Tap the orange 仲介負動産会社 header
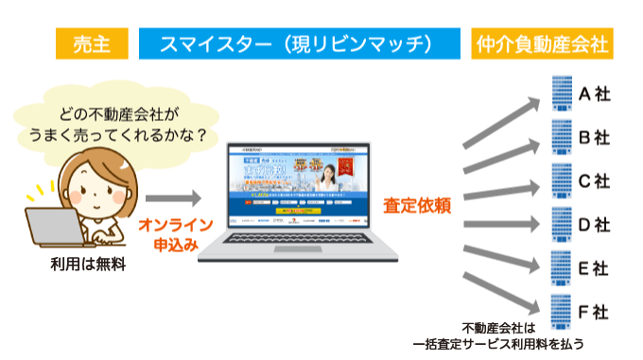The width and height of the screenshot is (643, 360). tap(539, 43)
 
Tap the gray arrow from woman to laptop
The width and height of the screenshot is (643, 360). tap(173, 198)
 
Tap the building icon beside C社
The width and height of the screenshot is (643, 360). tap(561, 180)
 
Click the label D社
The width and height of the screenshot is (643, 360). tap(594, 224)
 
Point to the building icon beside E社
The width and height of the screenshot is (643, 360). tap(561, 267)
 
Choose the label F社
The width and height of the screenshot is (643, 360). tap(594, 311)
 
